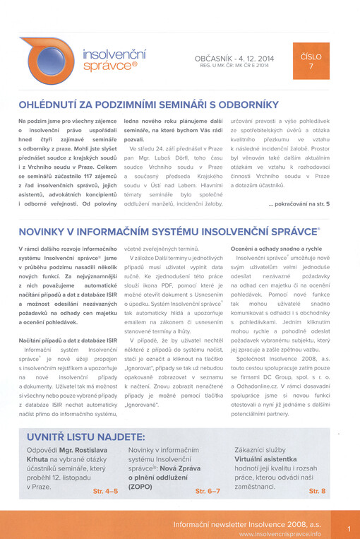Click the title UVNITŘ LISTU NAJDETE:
pos(86,436)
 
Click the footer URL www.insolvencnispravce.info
pos(280,534)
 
